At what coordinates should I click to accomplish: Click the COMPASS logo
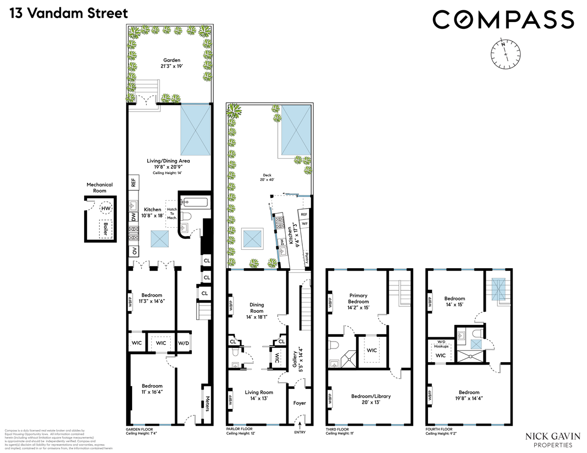click(503, 20)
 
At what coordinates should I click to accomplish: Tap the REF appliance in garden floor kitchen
click(133, 183)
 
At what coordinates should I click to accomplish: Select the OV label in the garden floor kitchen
click(134, 252)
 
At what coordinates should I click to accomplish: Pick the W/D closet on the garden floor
click(184, 343)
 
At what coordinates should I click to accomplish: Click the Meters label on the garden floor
click(207, 403)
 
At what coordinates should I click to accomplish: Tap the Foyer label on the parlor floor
click(299, 403)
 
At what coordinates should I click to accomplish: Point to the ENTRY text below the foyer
click(299, 433)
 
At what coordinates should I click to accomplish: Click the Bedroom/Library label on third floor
click(371, 399)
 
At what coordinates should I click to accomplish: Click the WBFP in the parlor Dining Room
click(231, 306)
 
